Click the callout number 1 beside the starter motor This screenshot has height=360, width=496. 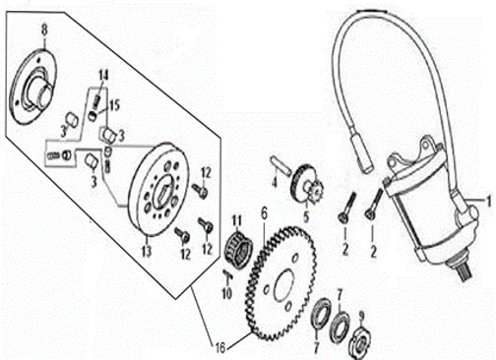point(489,201)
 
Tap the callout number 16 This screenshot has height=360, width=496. point(220,347)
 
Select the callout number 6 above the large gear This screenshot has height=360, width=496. point(264,213)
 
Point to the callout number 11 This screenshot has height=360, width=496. point(237,220)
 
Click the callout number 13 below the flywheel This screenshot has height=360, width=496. point(147,251)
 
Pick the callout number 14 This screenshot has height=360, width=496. point(103,76)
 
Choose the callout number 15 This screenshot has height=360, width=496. point(114,106)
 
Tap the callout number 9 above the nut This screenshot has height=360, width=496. point(361,316)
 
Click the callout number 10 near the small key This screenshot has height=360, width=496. point(227,293)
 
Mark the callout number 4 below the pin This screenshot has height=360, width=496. point(275,181)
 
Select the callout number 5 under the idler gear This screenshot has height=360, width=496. point(306,217)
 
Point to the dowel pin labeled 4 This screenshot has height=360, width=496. point(279,165)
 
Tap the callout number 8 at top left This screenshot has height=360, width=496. point(44,30)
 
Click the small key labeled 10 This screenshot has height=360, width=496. point(228,274)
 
